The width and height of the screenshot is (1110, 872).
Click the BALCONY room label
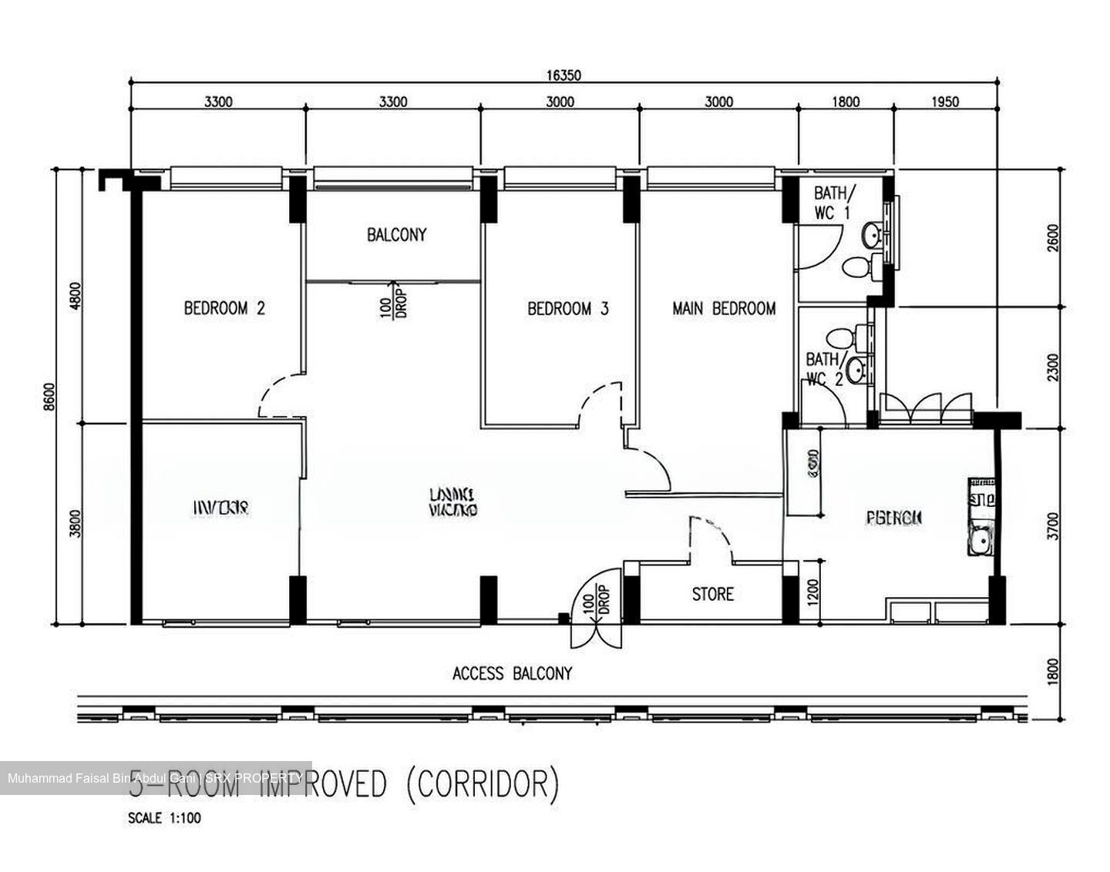pyautogui.click(x=396, y=235)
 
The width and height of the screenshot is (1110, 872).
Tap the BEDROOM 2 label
pyautogui.click(x=224, y=308)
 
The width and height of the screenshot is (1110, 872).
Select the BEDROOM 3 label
pyautogui.click(x=567, y=308)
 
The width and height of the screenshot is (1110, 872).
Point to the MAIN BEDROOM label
pyautogui.click(x=724, y=308)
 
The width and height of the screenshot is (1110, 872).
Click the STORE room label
pyautogui.click(x=712, y=594)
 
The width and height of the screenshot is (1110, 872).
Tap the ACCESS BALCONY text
pyautogui.click(x=512, y=673)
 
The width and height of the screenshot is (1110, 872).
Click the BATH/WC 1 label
pyautogui.click(x=833, y=202)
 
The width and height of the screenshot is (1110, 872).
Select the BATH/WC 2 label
pyautogui.click(x=822, y=369)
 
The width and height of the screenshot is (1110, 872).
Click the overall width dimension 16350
pyautogui.click(x=563, y=75)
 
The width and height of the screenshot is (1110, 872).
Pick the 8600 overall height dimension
pyautogui.click(x=50, y=397)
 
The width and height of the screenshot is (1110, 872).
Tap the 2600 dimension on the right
pyautogui.click(x=1054, y=237)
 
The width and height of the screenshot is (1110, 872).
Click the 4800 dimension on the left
pyautogui.click(x=75, y=295)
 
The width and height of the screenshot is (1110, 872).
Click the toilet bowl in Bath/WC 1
pyautogui.click(x=857, y=268)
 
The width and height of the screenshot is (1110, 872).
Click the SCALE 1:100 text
pyautogui.click(x=164, y=818)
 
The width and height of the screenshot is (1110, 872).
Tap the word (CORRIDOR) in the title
pyautogui.click(x=479, y=784)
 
